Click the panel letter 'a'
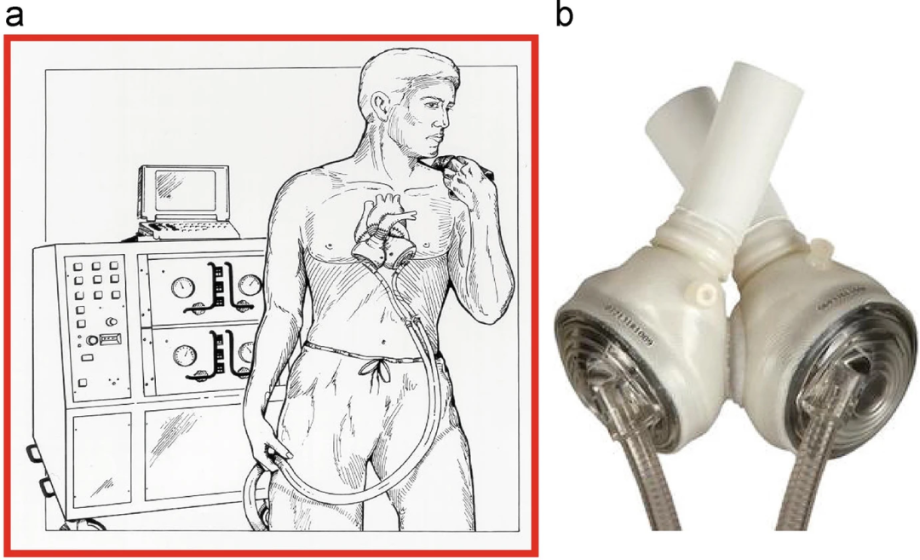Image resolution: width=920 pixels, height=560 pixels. (x=14, y=14)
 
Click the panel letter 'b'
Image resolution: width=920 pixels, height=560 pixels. (x=565, y=14)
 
